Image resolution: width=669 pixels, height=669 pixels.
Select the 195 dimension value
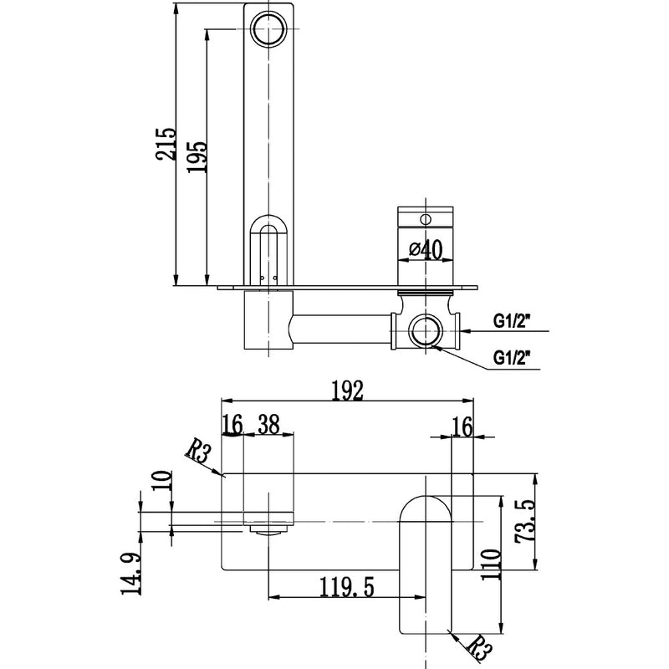[x=197, y=151]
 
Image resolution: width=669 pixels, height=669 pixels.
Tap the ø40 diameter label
[x=426, y=249]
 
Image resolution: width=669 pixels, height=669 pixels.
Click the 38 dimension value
[x=268, y=425]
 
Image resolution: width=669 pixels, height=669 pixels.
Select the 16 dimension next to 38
[x=233, y=425]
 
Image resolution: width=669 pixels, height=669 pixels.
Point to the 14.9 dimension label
[x=131, y=575]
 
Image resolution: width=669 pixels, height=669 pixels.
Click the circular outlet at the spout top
[x=269, y=28]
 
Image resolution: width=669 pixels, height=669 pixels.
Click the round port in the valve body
[x=426, y=331]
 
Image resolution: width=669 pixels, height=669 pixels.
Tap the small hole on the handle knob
[x=426, y=218]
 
